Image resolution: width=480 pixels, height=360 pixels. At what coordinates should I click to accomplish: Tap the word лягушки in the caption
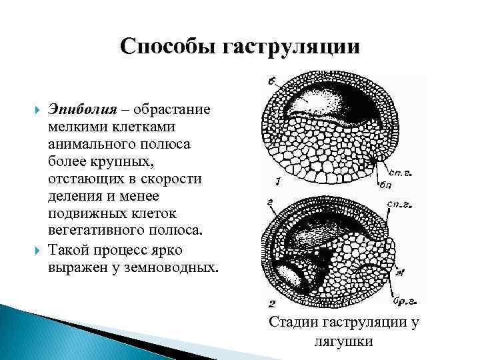[343, 341]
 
